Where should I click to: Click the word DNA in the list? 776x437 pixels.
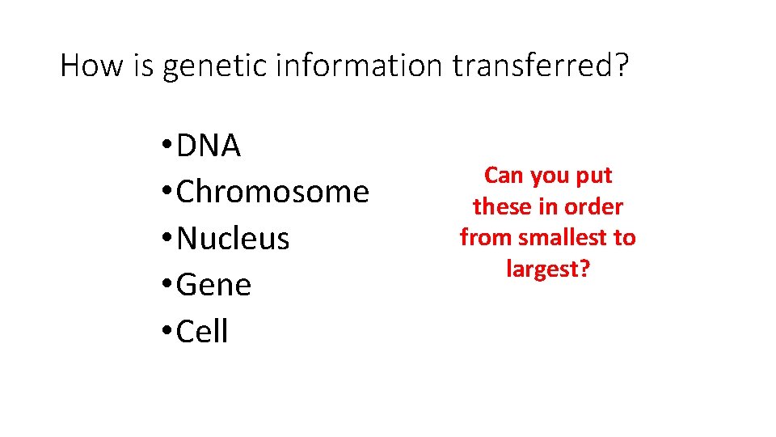pyautogui.click(x=209, y=146)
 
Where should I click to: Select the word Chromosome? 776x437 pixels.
pyautogui.click(x=272, y=193)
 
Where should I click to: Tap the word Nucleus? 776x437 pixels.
pyautogui.click(x=233, y=239)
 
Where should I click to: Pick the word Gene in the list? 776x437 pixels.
pyautogui.click(x=214, y=286)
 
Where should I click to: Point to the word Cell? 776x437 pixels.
pyautogui.click(x=202, y=332)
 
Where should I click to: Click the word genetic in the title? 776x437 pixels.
pyautogui.click(x=214, y=66)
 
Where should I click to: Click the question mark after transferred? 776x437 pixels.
pyautogui.click(x=619, y=65)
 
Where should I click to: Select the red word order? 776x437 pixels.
pyautogui.click(x=593, y=206)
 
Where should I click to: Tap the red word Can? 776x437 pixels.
pyautogui.click(x=503, y=176)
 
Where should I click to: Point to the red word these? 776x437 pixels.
pyautogui.click(x=501, y=206)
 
